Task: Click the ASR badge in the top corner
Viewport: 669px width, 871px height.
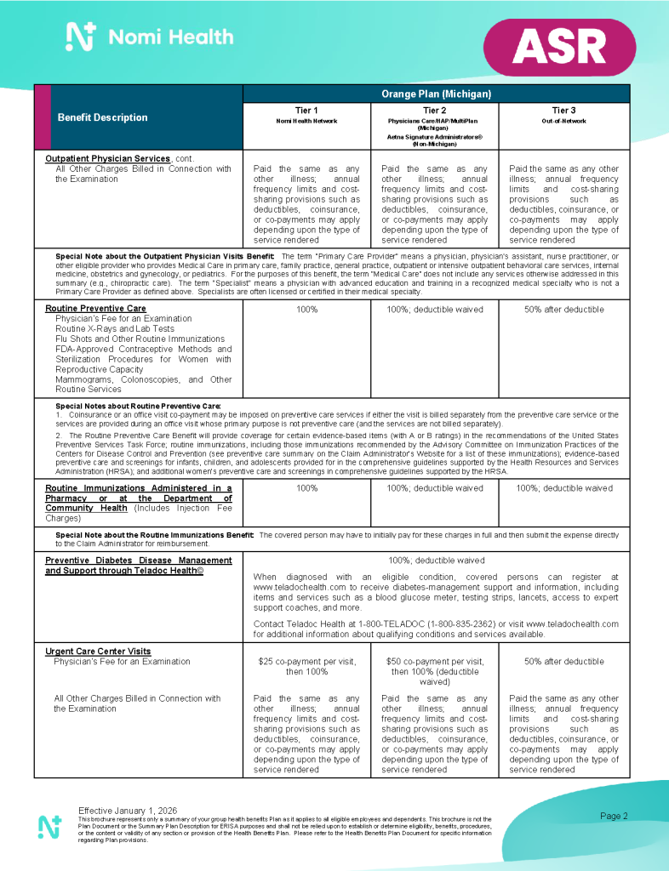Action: point(560,48)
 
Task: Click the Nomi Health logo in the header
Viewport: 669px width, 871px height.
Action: point(150,37)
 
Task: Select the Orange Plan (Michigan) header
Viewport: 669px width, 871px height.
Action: point(436,94)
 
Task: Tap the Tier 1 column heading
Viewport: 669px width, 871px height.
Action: point(306,110)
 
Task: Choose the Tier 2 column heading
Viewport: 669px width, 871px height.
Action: point(434,110)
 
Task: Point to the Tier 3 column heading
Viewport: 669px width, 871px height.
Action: point(563,110)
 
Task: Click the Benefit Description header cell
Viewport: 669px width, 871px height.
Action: point(102,117)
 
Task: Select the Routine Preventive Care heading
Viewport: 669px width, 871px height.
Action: point(95,308)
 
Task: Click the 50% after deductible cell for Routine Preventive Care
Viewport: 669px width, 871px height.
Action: point(563,309)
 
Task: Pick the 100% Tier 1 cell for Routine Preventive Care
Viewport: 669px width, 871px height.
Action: point(306,309)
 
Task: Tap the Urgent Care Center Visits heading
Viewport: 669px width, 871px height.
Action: point(98,651)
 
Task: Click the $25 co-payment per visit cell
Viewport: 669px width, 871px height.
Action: point(306,666)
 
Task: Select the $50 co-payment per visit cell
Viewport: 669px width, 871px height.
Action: point(434,670)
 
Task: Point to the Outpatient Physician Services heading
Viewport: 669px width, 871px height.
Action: point(107,158)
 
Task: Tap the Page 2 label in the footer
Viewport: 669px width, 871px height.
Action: point(614,816)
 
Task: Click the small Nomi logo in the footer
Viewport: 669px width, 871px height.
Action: point(49,826)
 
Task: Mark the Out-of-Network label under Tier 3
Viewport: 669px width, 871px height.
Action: point(563,121)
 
